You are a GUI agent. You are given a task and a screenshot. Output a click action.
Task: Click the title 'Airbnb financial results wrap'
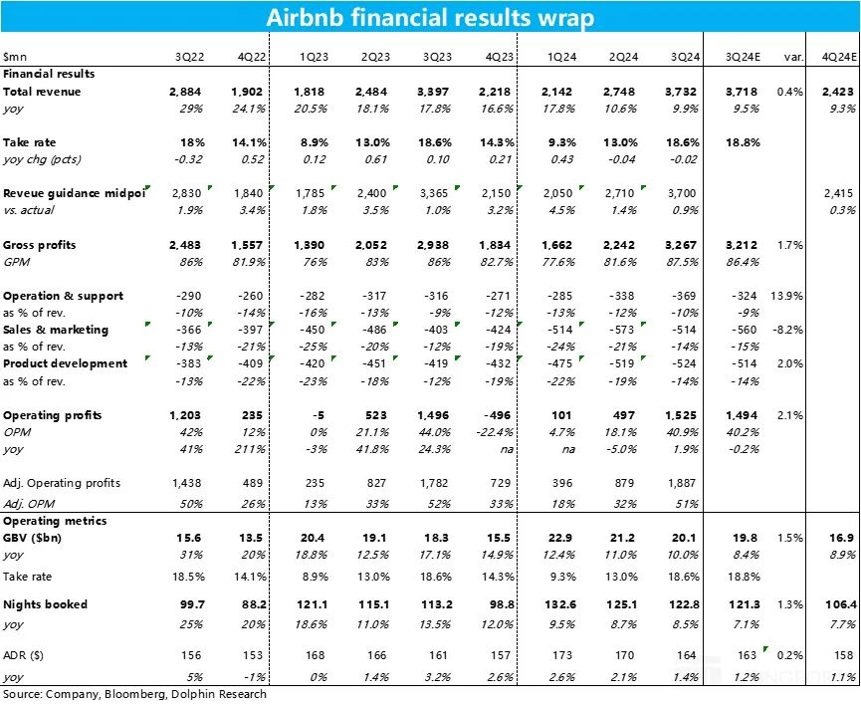click(430, 17)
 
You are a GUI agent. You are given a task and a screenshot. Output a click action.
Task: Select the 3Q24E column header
click(743, 57)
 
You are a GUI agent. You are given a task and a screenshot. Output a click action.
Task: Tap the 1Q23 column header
click(314, 57)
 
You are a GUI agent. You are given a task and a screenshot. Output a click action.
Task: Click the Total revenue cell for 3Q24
click(681, 92)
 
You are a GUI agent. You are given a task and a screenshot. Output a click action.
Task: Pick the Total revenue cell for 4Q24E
click(838, 92)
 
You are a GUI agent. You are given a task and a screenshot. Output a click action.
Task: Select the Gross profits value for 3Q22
click(185, 245)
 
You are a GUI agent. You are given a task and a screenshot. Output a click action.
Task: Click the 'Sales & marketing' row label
click(56, 330)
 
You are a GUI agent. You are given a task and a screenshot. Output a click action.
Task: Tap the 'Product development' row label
click(65, 363)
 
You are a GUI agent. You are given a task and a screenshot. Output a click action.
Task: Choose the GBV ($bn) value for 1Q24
click(560, 538)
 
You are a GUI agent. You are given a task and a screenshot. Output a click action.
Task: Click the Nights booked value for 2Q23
click(373, 604)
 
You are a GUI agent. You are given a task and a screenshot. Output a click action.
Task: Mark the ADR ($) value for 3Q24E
click(747, 655)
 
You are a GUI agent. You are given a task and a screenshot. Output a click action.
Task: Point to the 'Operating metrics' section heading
click(55, 521)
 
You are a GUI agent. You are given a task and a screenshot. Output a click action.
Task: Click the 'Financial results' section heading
click(49, 74)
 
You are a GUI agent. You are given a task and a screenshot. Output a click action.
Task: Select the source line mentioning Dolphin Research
click(134, 694)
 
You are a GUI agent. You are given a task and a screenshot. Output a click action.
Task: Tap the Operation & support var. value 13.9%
click(786, 296)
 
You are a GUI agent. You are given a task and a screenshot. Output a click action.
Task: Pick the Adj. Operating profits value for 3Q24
click(682, 483)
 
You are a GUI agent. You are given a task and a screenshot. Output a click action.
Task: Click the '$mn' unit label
click(15, 57)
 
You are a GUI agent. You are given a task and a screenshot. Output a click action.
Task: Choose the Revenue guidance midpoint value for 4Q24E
click(838, 193)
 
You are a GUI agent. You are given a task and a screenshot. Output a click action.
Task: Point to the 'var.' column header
click(793, 57)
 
